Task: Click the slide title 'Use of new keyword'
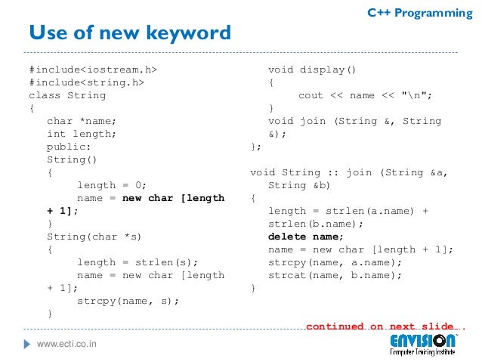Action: click(x=129, y=33)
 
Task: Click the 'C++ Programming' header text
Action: click(x=419, y=13)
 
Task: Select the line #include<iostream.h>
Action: click(x=94, y=70)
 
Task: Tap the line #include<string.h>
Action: click(x=86, y=83)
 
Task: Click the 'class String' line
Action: click(x=67, y=96)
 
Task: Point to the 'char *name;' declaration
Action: click(x=82, y=122)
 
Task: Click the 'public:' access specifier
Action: click(x=69, y=147)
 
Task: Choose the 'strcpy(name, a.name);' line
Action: click(x=335, y=262)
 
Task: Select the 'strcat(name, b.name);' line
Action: click(x=335, y=275)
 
